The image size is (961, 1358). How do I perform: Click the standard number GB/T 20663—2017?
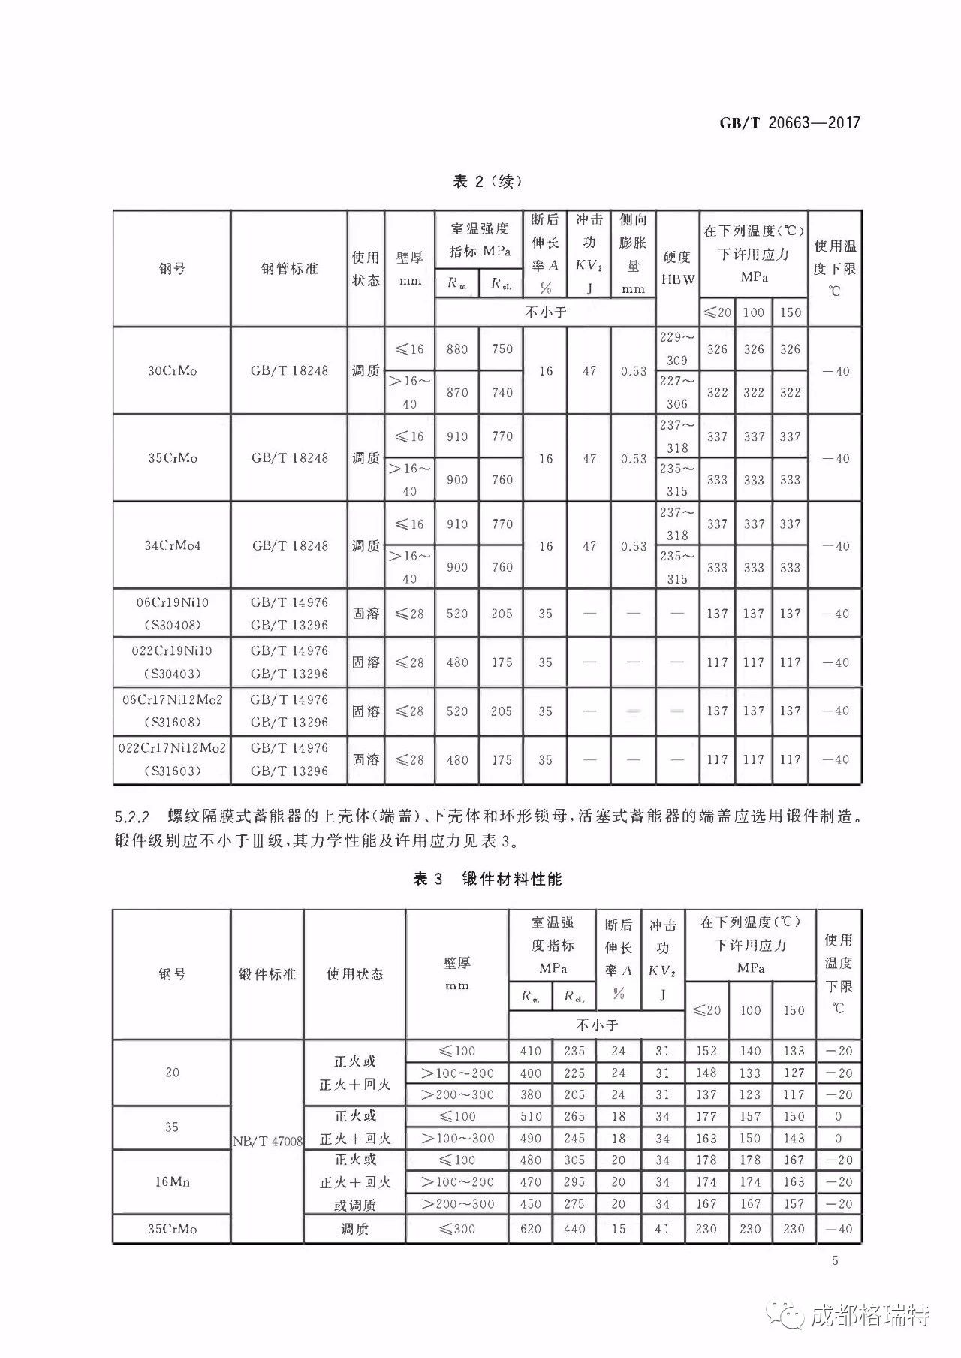click(x=789, y=122)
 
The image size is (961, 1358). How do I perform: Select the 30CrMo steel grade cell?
click(x=172, y=370)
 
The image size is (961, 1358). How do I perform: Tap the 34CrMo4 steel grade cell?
click(x=172, y=545)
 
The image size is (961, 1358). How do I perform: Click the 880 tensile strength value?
click(x=456, y=349)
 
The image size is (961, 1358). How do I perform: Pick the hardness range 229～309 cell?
click(x=676, y=349)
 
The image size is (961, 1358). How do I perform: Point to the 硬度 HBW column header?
click(x=677, y=268)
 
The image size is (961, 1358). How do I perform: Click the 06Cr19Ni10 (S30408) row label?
click(x=172, y=613)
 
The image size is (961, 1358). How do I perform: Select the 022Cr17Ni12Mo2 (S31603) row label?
click(x=172, y=759)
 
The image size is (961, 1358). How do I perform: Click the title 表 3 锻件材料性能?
click(x=487, y=879)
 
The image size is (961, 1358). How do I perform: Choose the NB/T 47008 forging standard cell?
click(x=267, y=1142)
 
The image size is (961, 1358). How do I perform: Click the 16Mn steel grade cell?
click(x=172, y=1181)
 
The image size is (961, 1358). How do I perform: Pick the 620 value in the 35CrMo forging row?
click(x=530, y=1229)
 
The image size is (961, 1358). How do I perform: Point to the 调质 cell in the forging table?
click(x=354, y=1229)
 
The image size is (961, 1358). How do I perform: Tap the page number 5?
click(x=836, y=1260)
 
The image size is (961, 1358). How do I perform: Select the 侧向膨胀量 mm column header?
click(x=633, y=253)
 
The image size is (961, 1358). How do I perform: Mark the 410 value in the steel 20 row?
click(x=530, y=1051)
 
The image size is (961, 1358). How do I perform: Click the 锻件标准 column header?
click(x=267, y=974)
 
